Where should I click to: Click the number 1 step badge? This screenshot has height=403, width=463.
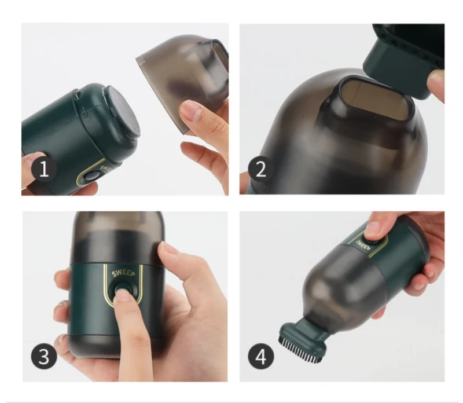click(x=44, y=169)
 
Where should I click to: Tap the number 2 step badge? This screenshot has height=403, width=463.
click(x=260, y=169)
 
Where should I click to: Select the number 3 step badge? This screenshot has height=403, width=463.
click(x=44, y=356)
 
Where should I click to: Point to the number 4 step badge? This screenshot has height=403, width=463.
click(x=261, y=356)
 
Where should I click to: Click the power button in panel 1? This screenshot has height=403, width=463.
click(x=90, y=176)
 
